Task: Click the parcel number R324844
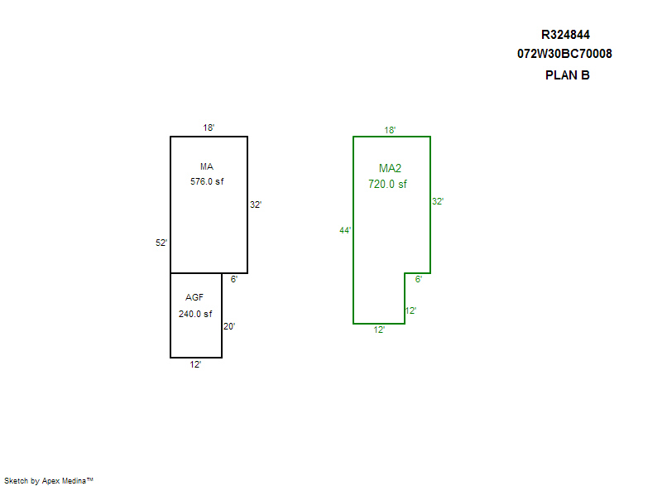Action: point(565,35)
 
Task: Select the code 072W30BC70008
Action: point(564,55)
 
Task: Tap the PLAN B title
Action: point(567,75)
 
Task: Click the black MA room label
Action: point(207,166)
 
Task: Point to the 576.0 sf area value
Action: point(207,181)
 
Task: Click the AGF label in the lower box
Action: point(194,297)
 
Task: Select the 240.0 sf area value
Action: point(195,314)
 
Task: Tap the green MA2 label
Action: point(390,168)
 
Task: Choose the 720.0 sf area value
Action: point(387,185)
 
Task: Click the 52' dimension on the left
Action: point(161,243)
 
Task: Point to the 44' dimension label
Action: point(346,230)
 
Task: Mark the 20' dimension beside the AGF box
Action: point(229,326)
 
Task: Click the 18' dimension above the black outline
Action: point(209,128)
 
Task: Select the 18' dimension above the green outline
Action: point(390,130)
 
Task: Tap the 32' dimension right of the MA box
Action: point(256,205)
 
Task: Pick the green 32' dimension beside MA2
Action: point(438,201)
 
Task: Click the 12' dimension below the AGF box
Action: point(195,364)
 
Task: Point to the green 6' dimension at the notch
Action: point(419,280)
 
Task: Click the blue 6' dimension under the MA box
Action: point(234,279)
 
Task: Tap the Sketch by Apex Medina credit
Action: point(48,480)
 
